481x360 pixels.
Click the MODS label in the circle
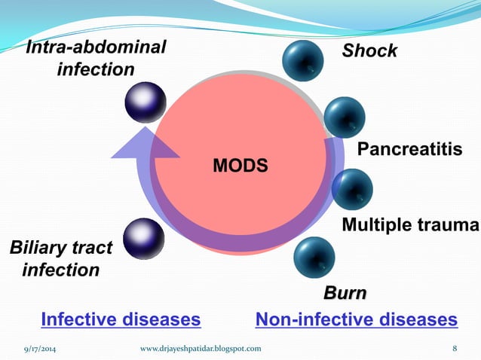[240, 165]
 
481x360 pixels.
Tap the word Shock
[369, 51]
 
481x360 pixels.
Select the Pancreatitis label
[409, 150]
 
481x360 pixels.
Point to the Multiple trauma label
[410, 224]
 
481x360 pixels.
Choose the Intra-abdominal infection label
[96, 59]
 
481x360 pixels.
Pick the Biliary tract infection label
[60, 258]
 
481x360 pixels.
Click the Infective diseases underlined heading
[121, 320]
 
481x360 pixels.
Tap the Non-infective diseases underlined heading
[357, 320]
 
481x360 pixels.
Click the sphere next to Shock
[304, 59]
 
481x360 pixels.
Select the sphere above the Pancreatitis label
[345, 117]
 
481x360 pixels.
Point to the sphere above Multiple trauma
[352, 188]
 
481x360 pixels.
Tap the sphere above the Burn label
[314, 257]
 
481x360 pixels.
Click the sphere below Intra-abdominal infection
[146, 102]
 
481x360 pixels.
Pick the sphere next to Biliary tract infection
[143, 239]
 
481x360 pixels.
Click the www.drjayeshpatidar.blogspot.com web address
[201, 348]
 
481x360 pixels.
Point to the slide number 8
[455, 348]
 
